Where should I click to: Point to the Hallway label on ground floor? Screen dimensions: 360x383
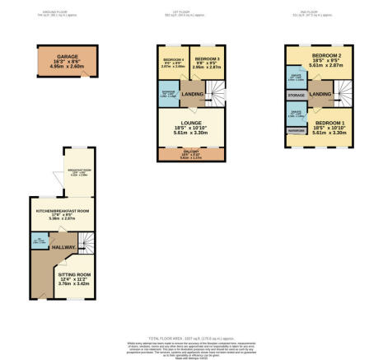(63, 247)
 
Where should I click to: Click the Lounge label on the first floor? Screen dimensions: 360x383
(191, 124)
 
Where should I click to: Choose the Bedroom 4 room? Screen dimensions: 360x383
(173, 63)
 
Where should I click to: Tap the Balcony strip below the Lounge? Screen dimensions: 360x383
(191, 154)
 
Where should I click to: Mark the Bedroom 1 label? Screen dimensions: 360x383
(322, 124)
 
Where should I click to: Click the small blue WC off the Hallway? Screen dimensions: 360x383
(39, 242)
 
